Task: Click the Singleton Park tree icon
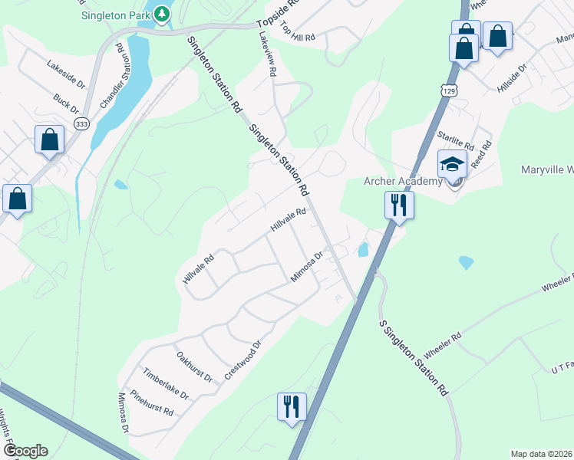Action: tap(162, 13)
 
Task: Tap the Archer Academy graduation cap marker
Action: tap(452, 166)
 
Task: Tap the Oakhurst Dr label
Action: tap(194, 366)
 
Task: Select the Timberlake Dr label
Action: tap(165, 383)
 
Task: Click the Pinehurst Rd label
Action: tap(152, 402)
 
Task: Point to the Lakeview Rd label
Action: tap(266, 52)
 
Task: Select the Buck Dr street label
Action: tap(66, 103)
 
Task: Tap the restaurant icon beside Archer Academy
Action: tap(398, 205)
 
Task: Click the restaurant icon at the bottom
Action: tap(292, 406)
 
